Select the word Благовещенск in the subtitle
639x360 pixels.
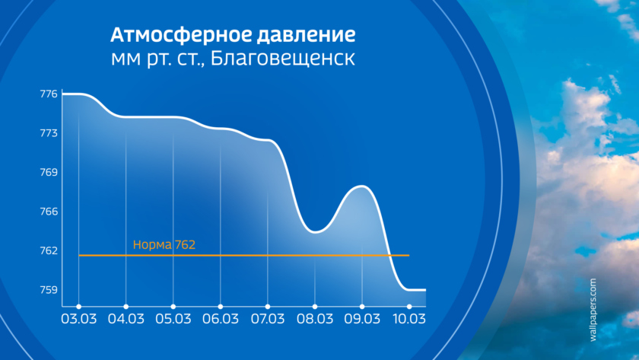pyautogui.click(x=282, y=59)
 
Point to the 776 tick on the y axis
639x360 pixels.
pyautogui.click(x=49, y=94)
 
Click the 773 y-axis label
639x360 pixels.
pyautogui.click(x=49, y=133)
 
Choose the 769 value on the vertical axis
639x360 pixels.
pyautogui.click(x=49, y=173)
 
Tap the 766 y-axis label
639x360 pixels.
pyautogui.click(x=49, y=212)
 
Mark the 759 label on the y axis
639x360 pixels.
pyautogui.click(x=49, y=290)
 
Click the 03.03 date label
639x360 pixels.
pyautogui.click(x=78, y=319)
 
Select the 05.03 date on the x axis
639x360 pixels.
pyautogui.click(x=173, y=319)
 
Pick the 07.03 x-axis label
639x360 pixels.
pyautogui.click(x=267, y=319)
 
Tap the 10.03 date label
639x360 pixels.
pyautogui.click(x=409, y=319)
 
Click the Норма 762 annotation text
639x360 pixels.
pyautogui.click(x=164, y=244)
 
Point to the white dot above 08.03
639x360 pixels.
pyautogui.click(x=315, y=307)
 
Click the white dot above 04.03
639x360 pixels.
pyautogui.click(x=126, y=307)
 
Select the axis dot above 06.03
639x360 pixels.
pyautogui.click(x=221, y=307)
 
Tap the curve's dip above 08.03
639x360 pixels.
pyautogui.click(x=316, y=232)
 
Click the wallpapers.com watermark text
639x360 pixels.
pyautogui.click(x=593, y=310)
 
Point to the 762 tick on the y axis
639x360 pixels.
pyautogui.click(x=49, y=250)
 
